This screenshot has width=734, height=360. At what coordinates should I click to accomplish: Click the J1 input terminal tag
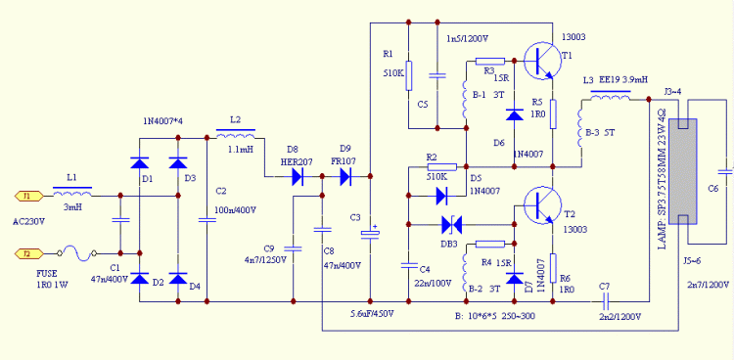pos(29,196)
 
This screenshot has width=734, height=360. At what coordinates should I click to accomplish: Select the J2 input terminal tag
pos(29,253)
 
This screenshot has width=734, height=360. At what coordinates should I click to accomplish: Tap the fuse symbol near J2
pos(77,253)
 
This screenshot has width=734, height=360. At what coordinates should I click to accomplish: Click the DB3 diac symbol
pos(452,225)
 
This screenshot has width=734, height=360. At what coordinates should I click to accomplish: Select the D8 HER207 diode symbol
pos(298,176)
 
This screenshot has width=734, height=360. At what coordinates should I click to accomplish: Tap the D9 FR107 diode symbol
pos(345,176)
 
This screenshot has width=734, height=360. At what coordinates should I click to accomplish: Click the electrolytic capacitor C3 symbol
pos(370,233)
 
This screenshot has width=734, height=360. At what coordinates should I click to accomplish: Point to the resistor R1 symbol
pos(409,75)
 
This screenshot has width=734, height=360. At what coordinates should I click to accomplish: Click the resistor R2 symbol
pos(442,166)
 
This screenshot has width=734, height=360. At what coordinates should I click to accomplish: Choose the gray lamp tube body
pos(683,171)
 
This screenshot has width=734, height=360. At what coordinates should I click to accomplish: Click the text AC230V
pos(29,221)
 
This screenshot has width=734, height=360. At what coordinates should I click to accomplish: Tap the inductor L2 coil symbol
pos(236,135)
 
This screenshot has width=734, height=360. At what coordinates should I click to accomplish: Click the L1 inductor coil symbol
pos(72,192)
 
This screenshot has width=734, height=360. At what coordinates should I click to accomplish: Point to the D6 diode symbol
pos(515,114)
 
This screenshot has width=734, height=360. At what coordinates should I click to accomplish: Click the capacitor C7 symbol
pos(605,301)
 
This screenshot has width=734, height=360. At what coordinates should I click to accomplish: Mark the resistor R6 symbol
pos(552,268)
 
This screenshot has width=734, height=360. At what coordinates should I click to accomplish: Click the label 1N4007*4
pos(162,121)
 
